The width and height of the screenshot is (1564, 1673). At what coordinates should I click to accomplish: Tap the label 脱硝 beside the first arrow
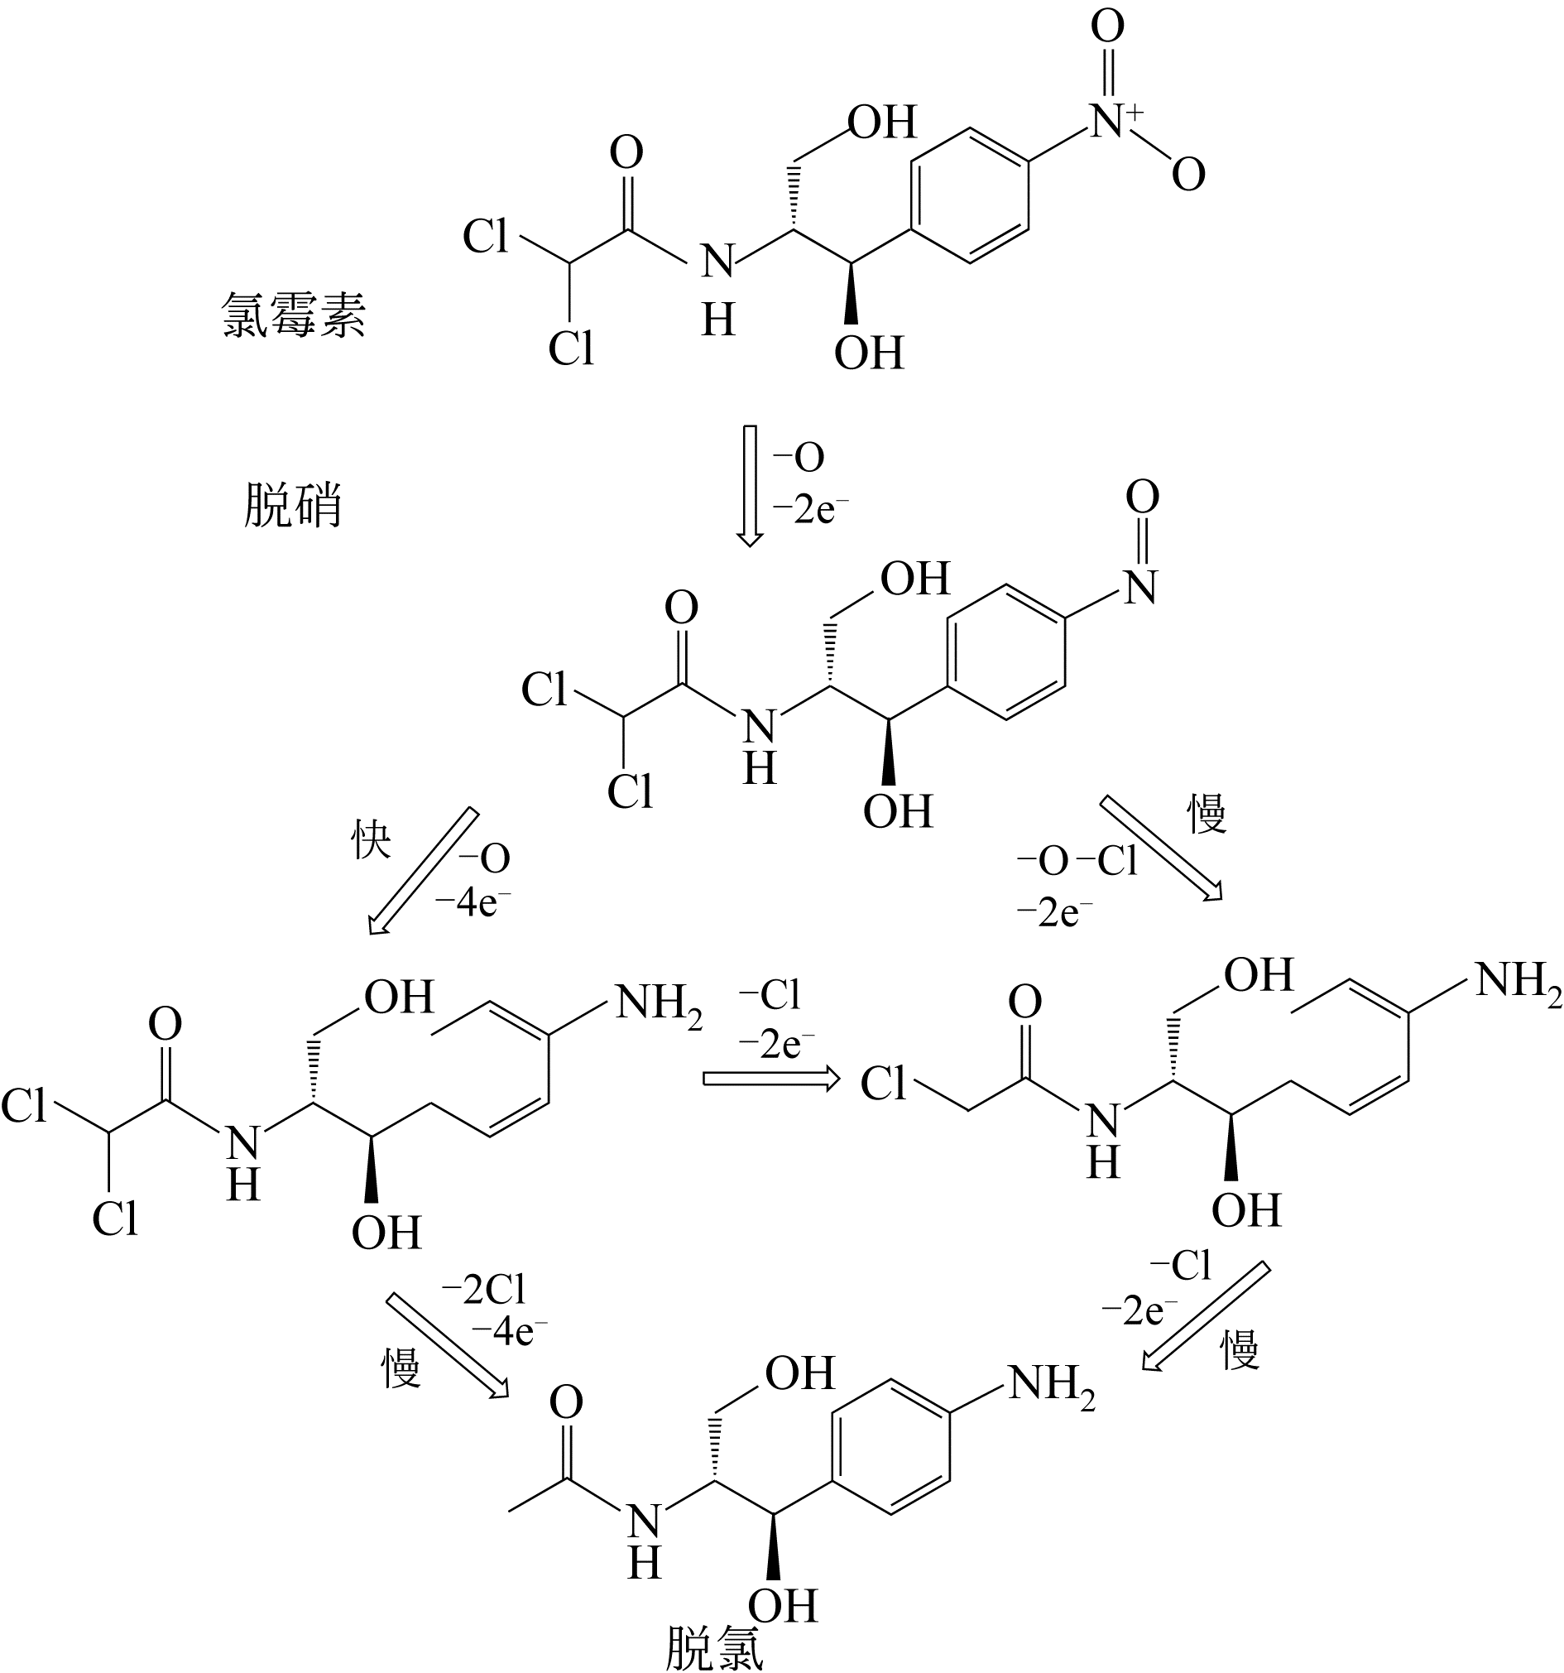[293, 506]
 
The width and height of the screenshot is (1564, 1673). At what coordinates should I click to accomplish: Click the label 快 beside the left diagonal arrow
[371, 839]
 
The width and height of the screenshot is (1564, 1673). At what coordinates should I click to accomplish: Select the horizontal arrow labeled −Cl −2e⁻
[770, 1078]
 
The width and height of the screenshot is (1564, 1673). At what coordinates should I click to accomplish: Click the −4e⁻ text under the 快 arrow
[472, 903]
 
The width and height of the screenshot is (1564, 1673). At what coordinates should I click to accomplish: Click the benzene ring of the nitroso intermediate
[1006, 653]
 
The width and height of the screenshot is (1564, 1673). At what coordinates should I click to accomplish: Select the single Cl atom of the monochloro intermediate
[884, 1084]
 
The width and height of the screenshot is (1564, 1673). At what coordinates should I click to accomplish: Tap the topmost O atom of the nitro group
[1106, 27]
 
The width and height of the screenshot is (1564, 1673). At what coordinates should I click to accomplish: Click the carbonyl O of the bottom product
[566, 1402]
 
